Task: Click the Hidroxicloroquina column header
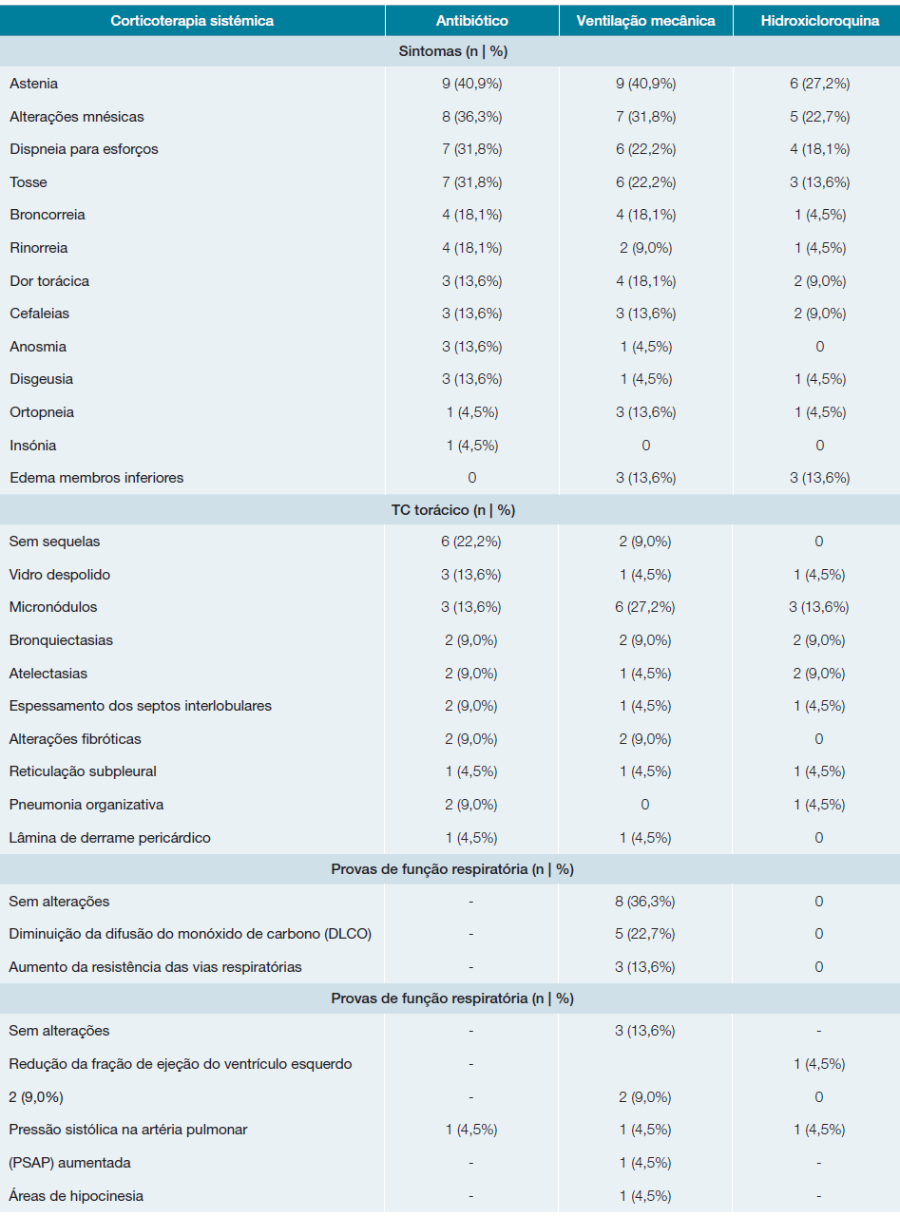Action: pyautogui.click(x=819, y=21)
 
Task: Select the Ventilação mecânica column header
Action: pyautogui.click(x=645, y=21)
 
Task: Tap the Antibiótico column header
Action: pyautogui.click(x=471, y=21)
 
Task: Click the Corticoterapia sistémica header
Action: pyautogui.click(x=192, y=21)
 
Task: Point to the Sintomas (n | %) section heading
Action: pyautogui.click(x=450, y=51)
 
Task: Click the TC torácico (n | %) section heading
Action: pyautogui.click(x=450, y=510)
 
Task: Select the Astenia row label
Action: pyautogui.click(x=34, y=84)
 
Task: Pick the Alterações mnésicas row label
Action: pyautogui.click(x=77, y=117)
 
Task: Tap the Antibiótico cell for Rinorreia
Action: pyautogui.click(x=471, y=248)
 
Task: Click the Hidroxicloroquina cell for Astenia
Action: pyautogui.click(x=819, y=84)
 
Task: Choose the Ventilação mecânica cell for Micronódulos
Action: pyautogui.click(x=645, y=607)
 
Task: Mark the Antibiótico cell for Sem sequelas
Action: pyautogui.click(x=471, y=542)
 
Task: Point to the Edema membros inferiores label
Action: pyautogui.click(x=97, y=478)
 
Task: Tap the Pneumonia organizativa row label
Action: pyautogui.click(x=86, y=805)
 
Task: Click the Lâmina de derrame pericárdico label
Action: pyautogui.click(x=110, y=838)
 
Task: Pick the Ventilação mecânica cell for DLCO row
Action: pyautogui.click(x=645, y=934)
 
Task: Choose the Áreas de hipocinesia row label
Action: pyautogui.click(x=77, y=1196)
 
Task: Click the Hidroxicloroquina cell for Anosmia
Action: pyautogui.click(x=819, y=347)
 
